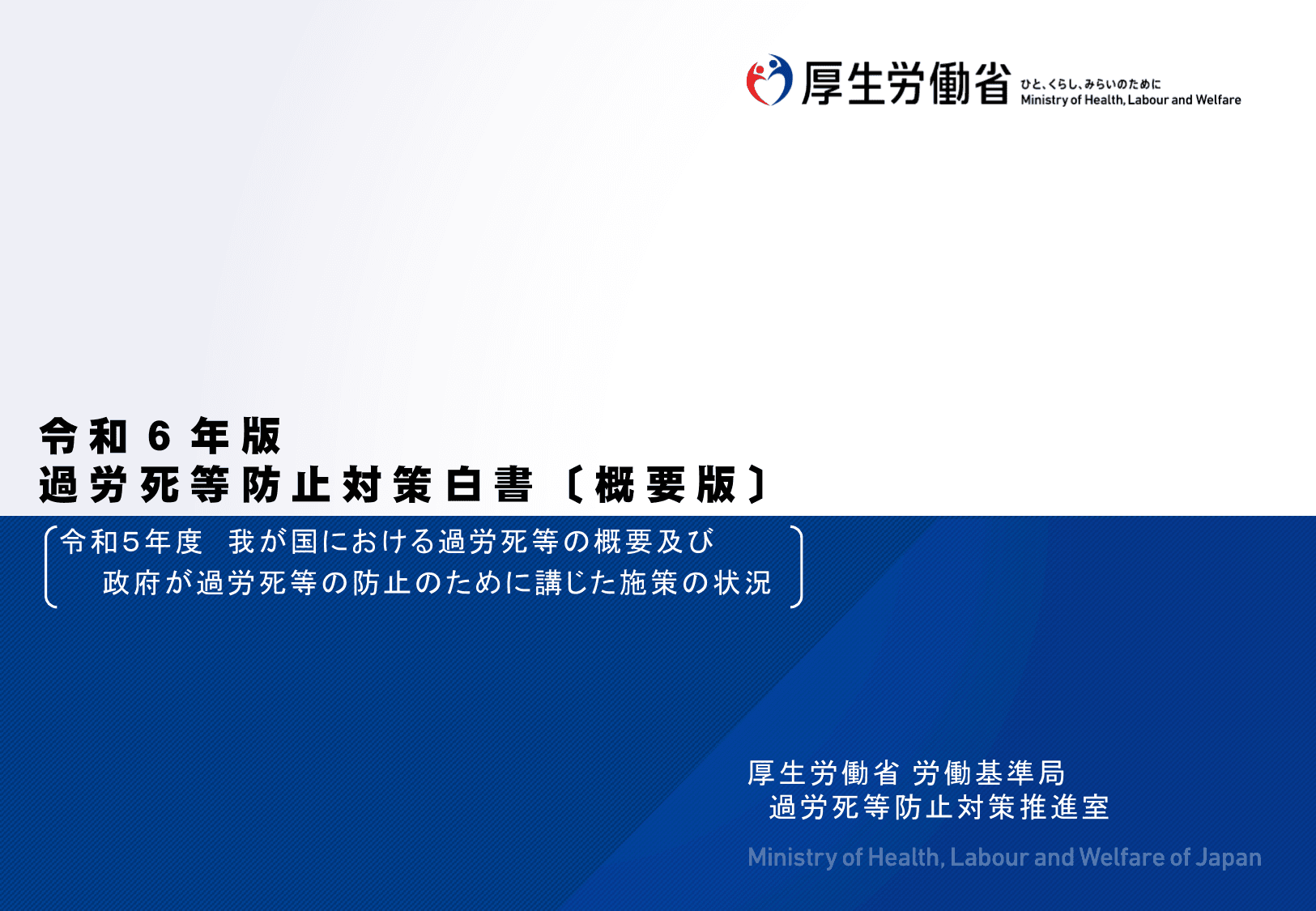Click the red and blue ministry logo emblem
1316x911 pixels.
[769, 80]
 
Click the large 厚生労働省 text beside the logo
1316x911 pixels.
[905, 83]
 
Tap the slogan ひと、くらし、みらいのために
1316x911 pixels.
[1090, 84]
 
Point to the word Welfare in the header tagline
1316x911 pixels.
[1218, 100]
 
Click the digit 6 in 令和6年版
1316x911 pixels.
[159, 436]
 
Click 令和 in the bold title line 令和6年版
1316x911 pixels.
[83, 436]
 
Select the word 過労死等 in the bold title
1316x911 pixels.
[134, 485]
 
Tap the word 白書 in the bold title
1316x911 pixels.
[489, 485]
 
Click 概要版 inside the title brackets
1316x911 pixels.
[665, 485]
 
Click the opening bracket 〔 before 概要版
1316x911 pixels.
[573, 485]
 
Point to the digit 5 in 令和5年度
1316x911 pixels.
[130, 543]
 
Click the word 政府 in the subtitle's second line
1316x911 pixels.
[131, 583]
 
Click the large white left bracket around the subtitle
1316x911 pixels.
[50, 566]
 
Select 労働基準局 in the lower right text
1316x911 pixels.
[989, 773]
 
